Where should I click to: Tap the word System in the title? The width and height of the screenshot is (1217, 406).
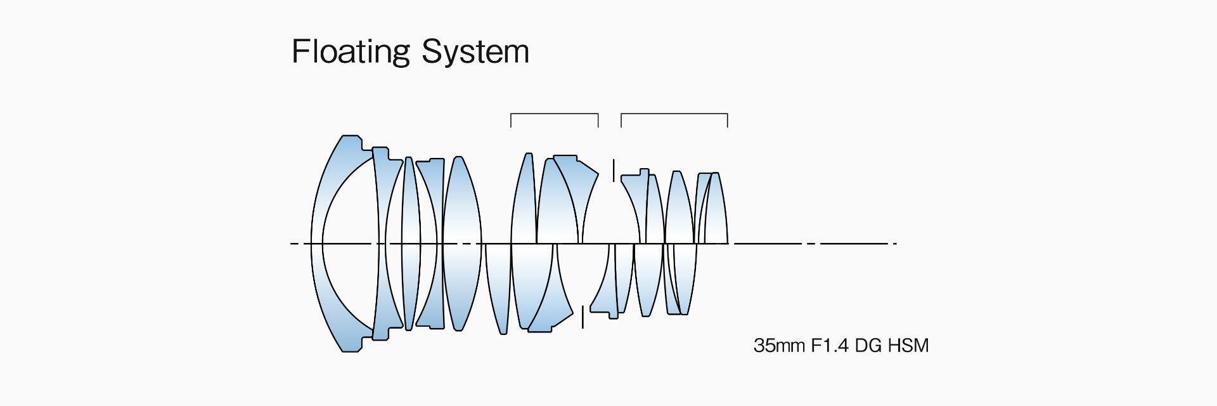[x=475, y=52]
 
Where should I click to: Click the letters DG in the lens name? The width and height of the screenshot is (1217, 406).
[x=868, y=346]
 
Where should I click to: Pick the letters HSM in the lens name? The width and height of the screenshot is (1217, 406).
[x=908, y=346]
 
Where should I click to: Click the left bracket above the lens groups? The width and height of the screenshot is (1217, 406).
[x=554, y=115]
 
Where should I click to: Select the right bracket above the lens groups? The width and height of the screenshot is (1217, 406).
[x=674, y=115]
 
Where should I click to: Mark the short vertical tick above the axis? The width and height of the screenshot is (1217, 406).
[x=614, y=170]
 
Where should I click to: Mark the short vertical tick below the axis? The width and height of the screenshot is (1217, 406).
[x=583, y=317]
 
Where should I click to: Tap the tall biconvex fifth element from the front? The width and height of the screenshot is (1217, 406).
[x=462, y=203]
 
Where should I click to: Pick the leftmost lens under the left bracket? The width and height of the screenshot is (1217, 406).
[x=524, y=203]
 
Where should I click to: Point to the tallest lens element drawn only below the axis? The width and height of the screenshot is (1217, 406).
[x=498, y=285]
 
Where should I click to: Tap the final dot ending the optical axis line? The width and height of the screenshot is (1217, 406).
[x=895, y=243]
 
